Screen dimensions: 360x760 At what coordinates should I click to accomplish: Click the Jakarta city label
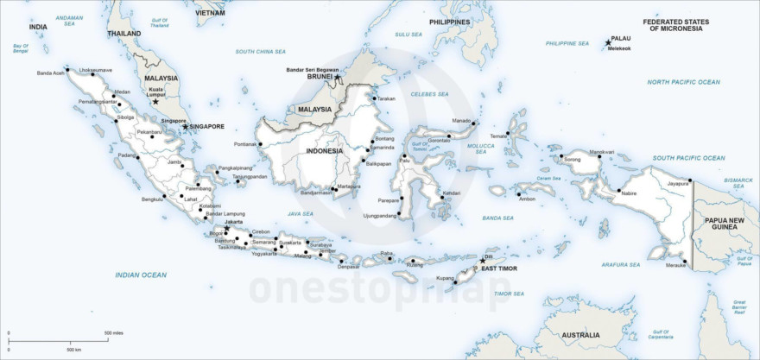point(233,222)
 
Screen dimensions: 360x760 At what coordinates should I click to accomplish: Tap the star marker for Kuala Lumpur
point(155,102)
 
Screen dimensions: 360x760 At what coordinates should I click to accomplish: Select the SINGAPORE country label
point(207,126)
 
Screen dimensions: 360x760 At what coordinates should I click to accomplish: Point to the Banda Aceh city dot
point(67,69)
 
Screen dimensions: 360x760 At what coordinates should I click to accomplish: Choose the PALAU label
point(621,39)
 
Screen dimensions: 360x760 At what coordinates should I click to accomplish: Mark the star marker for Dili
point(482,260)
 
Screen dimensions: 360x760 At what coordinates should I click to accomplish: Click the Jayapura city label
point(678,183)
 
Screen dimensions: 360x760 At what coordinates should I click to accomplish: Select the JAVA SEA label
point(301,213)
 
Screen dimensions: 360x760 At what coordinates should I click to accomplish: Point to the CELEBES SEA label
point(430,94)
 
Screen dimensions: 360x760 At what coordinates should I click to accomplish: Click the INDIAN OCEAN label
point(141,275)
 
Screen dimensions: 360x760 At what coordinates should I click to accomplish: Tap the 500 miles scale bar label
point(114,332)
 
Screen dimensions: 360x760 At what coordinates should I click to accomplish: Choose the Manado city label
point(462,121)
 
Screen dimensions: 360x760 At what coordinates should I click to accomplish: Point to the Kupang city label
point(445,278)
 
